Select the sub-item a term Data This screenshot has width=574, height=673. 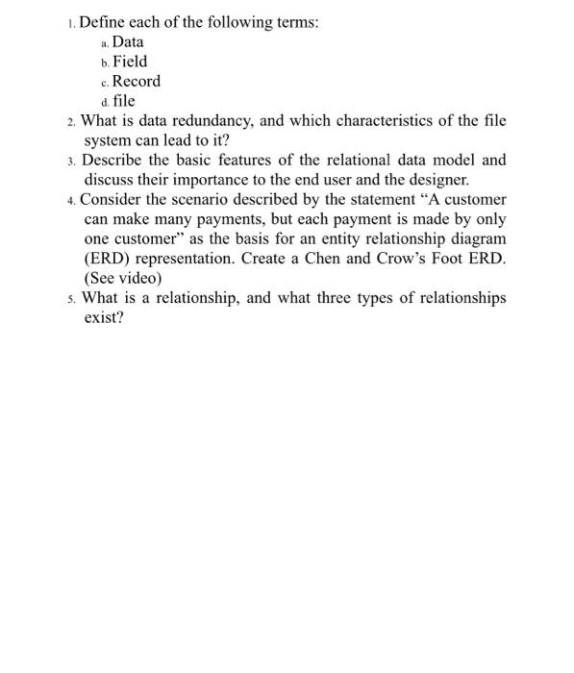pyautogui.click(x=129, y=41)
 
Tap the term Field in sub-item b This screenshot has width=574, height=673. pyautogui.click(x=131, y=62)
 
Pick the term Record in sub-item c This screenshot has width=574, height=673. pyautogui.click(x=137, y=81)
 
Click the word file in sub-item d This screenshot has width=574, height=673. pyautogui.click(x=124, y=100)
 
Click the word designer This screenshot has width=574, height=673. pyautogui.click(x=438, y=180)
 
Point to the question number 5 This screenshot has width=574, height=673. pyautogui.click(x=73, y=299)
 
